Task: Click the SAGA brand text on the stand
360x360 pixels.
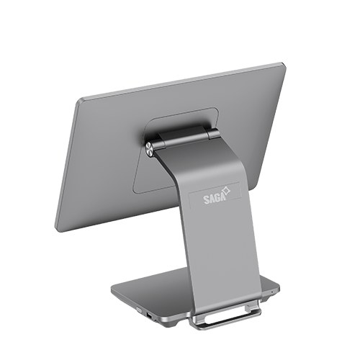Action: click(x=215, y=199)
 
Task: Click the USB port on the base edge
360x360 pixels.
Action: click(x=149, y=316)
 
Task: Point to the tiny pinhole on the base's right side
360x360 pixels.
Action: click(x=271, y=292)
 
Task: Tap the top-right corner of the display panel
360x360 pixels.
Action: click(x=284, y=64)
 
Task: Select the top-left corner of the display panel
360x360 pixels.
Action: click(x=78, y=100)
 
